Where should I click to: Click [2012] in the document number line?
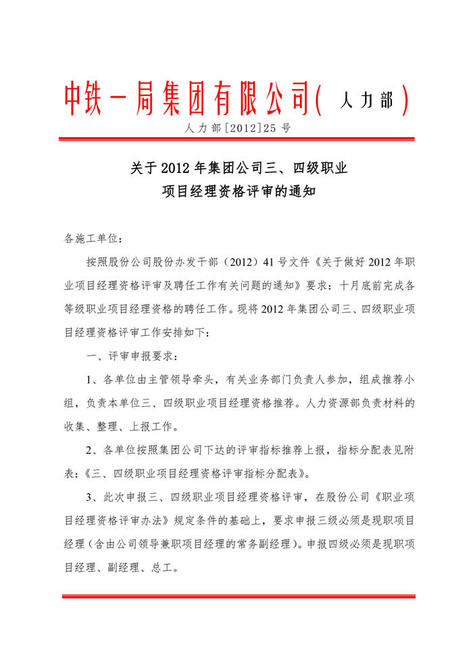tap(234, 127)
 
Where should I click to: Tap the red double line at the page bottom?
tap(236, 596)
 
